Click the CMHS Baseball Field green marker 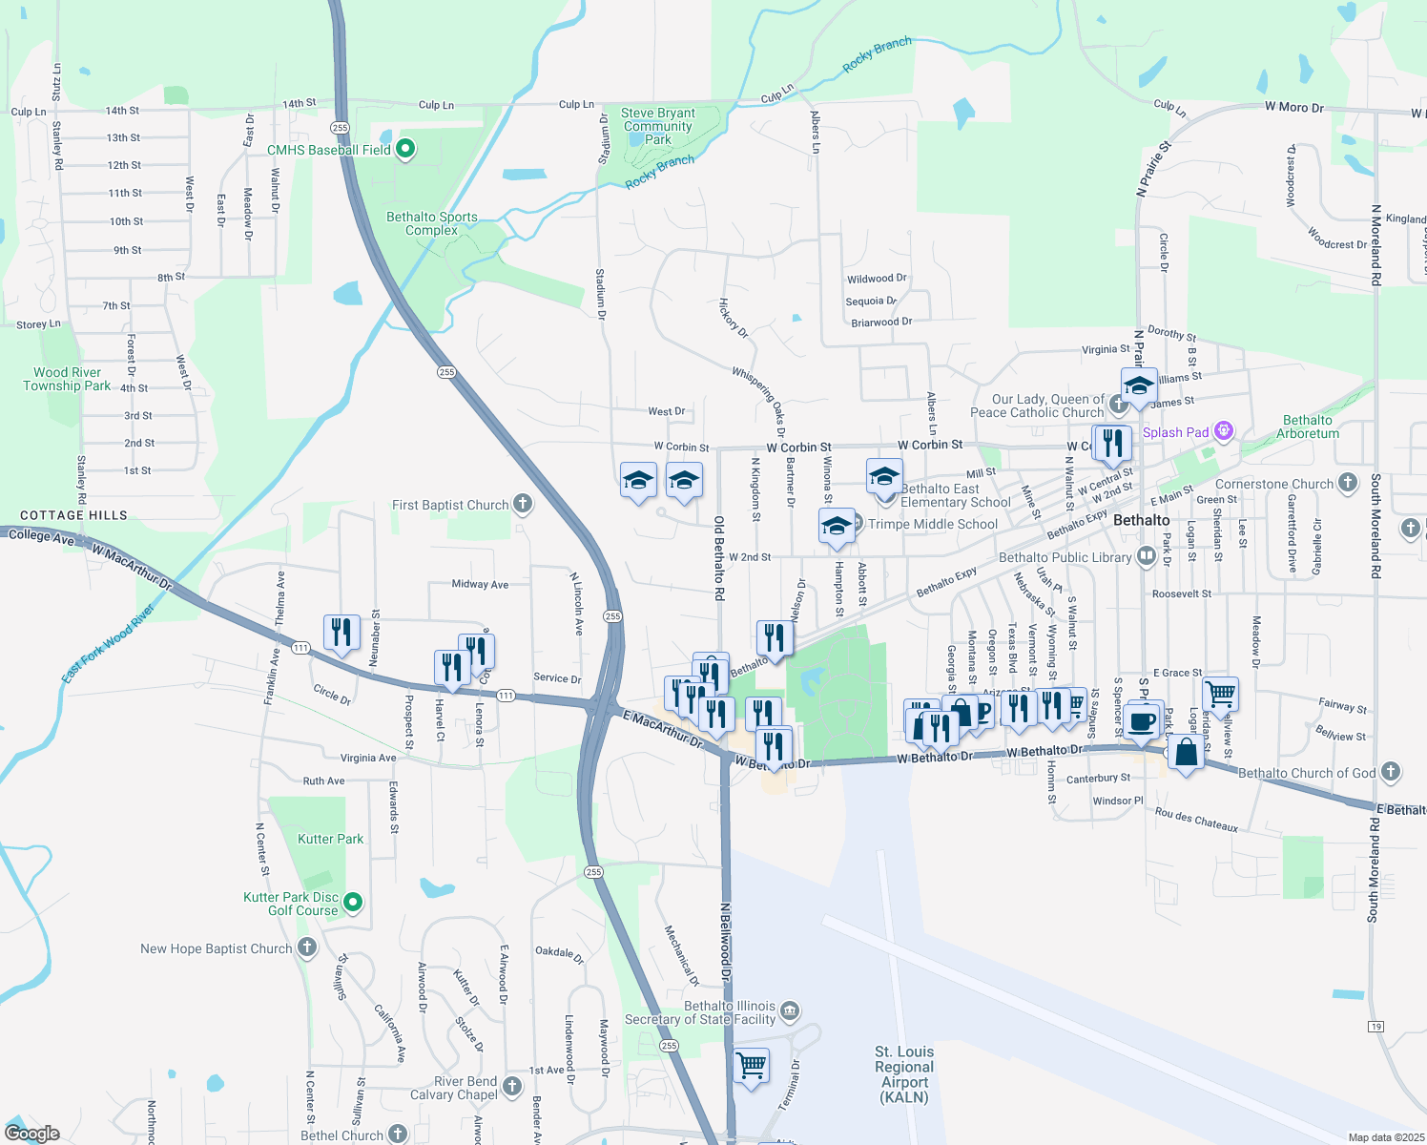pyautogui.click(x=405, y=150)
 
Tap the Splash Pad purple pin pyautogui.click(x=1223, y=432)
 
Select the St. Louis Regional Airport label pyautogui.click(x=904, y=1074)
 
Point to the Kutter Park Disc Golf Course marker pyautogui.click(x=353, y=902)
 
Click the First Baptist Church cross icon pyautogui.click(x=522, y=504)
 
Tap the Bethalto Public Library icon pyautogui.click(x=1146, y=557)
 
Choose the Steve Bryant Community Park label pyautogui.click(x=658, y=126)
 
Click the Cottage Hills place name pyautogui.click(x=73, y=515)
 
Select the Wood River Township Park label pyautogui.click(x=67, y=379)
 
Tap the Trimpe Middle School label pyautogui.click(x=933, y=524)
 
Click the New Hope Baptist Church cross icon pyautogui.click(x=306, y=947)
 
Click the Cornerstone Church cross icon pyautogui.click(x=1347, y=483)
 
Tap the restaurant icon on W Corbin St pyautogui.click(x=1112, y=443)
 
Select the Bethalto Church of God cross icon pyautogui.click(x=1390, y=772)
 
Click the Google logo pyautogui.click(x=32, y=1134)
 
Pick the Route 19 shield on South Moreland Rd pyautogui.click(x=1375, y=1026)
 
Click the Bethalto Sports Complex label pyautogui.click(x=432, y=223)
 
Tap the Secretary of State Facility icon pyautogui.click(x=789, y=1010)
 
